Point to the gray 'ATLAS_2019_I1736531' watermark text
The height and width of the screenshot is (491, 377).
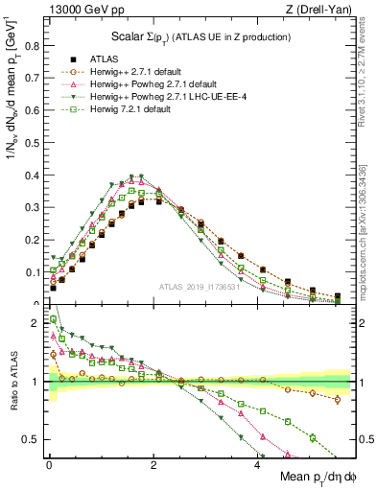coord(199,287)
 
